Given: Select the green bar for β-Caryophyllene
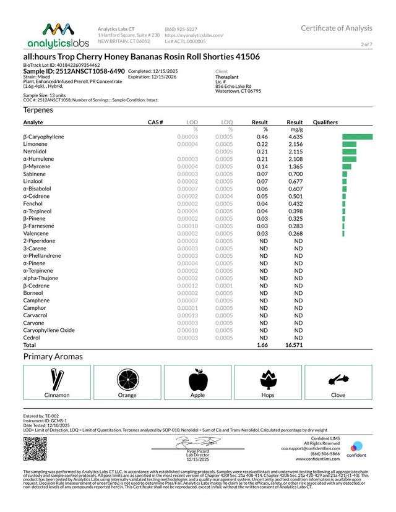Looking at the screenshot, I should point(357,137).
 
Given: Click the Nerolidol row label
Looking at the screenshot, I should point(35,151).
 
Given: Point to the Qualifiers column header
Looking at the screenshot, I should point(325,122).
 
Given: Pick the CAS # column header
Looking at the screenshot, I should point(155,122).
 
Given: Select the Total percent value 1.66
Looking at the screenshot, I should point(261,345).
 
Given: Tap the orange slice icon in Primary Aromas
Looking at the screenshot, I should point(127,378).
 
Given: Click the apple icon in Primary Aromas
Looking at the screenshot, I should point(197,378).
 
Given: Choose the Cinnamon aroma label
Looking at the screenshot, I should point(57,395).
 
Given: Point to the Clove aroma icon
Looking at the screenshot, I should point(338,378).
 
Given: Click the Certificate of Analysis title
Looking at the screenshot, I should point(337,28).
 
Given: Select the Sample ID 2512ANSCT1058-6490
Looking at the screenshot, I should point(74,72).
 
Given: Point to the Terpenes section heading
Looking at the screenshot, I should point(38,109).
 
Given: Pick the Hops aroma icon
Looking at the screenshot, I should point(268,378).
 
